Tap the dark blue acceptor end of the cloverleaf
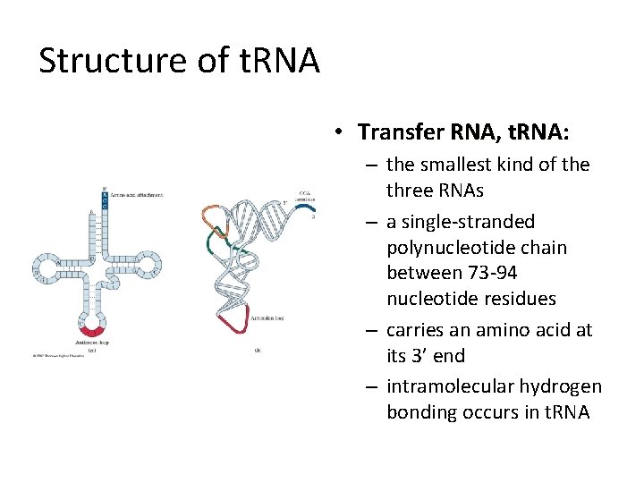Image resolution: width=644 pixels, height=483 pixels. [x=104, y=202]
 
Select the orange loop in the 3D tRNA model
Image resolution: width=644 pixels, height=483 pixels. [x=213, y=216]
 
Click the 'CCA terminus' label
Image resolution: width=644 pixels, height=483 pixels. [x=306, y=198]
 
